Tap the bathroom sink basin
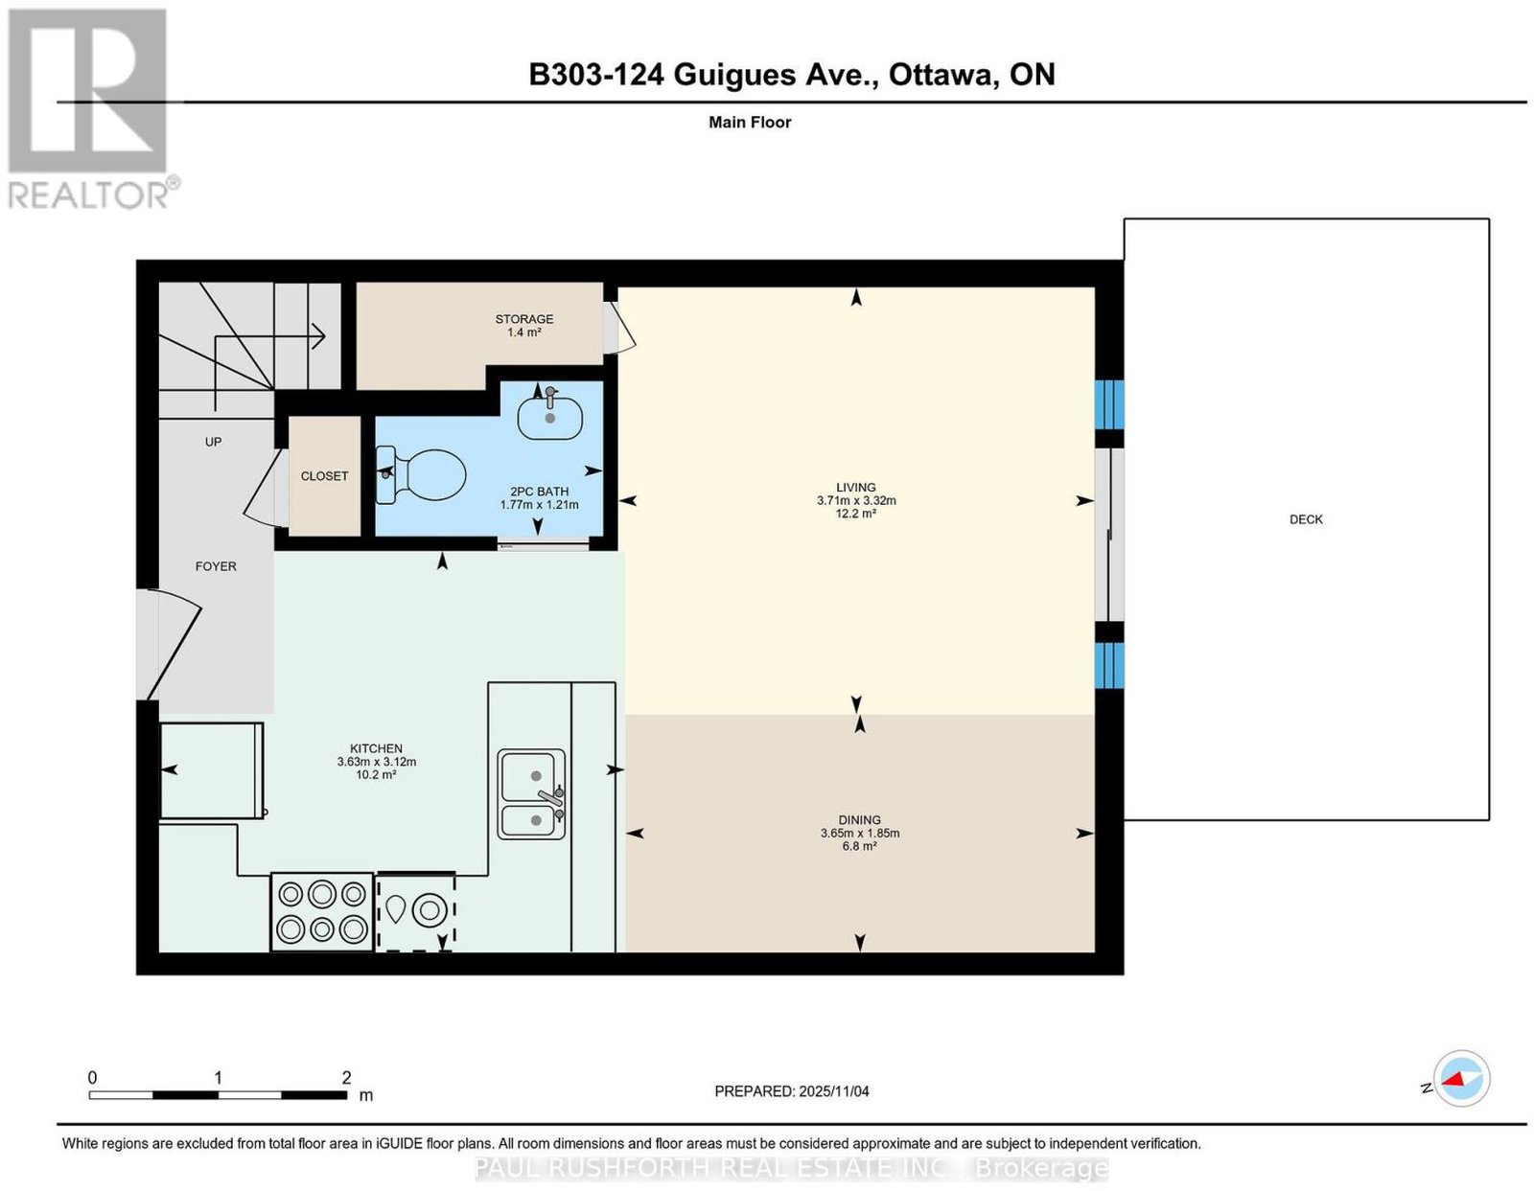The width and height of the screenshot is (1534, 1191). point(550,418)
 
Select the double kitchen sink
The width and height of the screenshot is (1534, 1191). point(531,793)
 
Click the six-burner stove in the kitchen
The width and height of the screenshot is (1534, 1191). point(322,912)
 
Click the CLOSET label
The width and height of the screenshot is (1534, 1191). point(324,476)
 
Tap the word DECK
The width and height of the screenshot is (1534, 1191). point(1305,519)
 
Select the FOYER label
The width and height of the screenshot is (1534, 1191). point(216,566)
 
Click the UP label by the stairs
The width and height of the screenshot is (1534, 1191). point(213,442)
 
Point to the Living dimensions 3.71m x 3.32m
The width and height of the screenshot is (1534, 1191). point(856,501)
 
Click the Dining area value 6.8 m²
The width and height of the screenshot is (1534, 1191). point(859,846)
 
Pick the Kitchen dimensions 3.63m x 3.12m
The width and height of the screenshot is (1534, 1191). point(376,762)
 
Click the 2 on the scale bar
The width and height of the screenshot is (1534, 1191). point(346,1078)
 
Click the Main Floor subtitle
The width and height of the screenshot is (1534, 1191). point(750,122)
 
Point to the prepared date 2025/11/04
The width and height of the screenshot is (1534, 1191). point(833,1091)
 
